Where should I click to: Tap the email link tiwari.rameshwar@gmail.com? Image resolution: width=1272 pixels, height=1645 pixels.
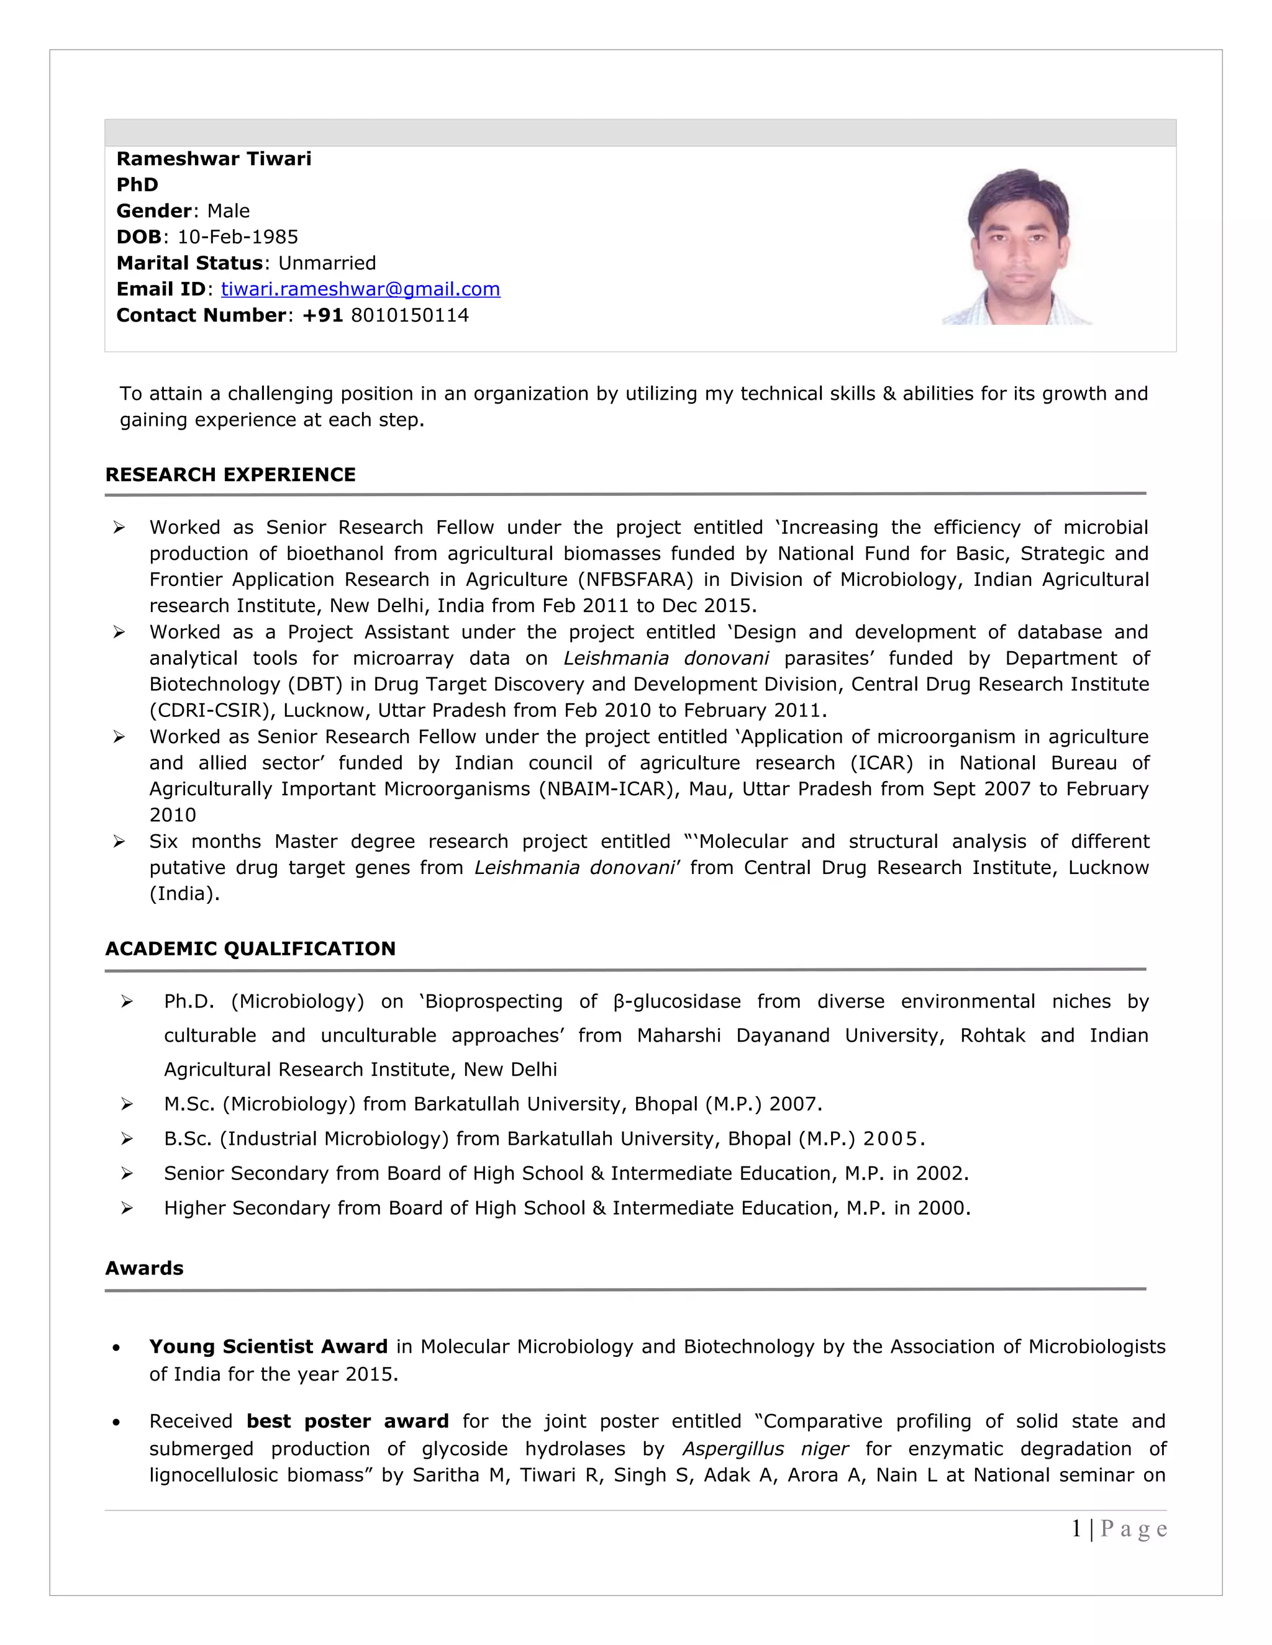tap(360, 289)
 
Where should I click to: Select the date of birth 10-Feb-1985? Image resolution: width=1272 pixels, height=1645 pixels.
tap(237, 237)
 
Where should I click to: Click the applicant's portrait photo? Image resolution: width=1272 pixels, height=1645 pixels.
tap(1017, 247)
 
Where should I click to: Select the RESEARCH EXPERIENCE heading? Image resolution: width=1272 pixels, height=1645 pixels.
tap(230, 474)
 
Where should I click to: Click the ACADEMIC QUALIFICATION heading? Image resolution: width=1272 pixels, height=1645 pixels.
tap(250, 949)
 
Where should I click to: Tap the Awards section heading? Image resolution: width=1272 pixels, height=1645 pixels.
tap(144, 1268)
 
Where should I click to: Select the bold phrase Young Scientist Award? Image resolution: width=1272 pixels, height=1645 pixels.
tap(268, 1347)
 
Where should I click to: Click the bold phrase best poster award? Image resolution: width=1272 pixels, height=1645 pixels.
tap(347, 1422)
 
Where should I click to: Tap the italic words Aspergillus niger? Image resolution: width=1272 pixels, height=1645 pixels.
tap(765, 1449)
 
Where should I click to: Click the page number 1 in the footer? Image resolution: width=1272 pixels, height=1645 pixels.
tap(1077, 1529)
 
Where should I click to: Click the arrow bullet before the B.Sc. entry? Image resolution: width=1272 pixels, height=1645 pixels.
tap(127, 1139)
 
